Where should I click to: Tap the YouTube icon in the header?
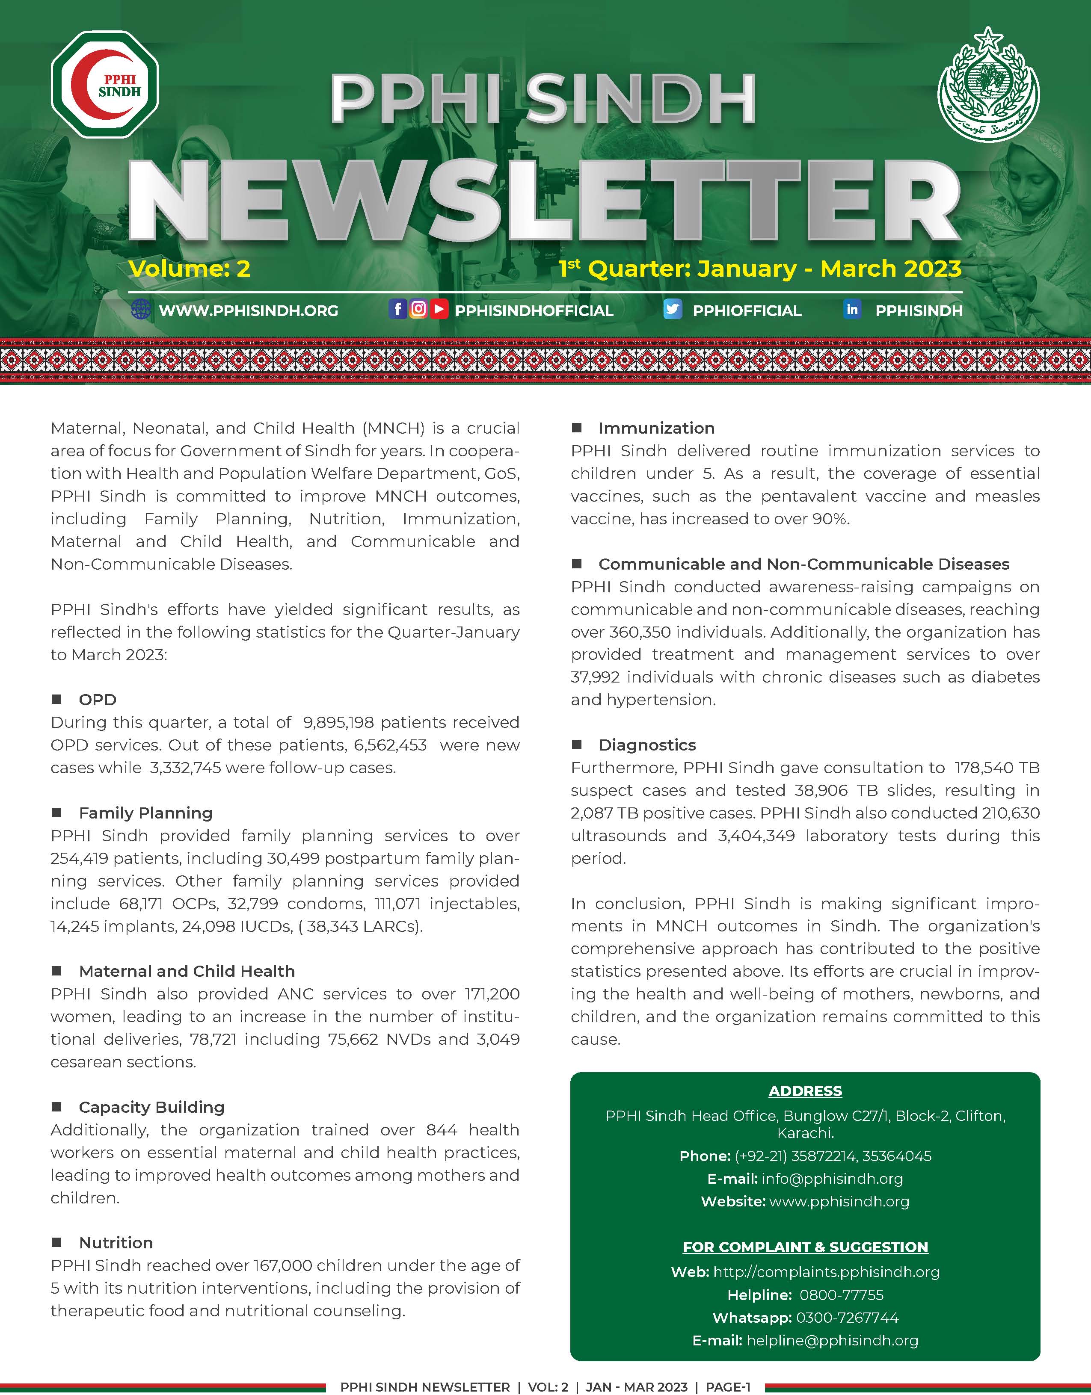439,309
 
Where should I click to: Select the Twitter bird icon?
673,310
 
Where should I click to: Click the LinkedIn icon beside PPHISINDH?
852,310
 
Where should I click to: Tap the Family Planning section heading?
146,813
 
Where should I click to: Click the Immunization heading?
656,428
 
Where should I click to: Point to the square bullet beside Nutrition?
57,1242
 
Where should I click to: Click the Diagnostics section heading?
647,745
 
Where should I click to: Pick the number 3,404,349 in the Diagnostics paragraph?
756,836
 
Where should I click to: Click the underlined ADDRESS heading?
805,1091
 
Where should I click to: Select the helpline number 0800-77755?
841,1295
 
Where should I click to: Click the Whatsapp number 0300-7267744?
847,1318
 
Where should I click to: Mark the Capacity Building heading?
151,1107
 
